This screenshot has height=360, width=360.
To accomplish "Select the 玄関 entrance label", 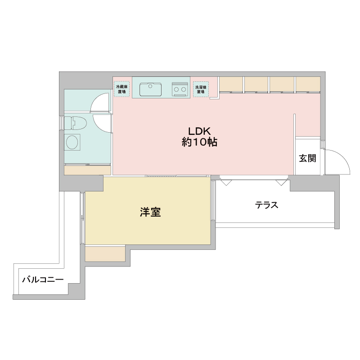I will pos(308,158).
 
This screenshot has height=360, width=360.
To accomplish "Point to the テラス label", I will pos(266,205).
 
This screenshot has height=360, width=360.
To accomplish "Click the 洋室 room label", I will pos(150,212).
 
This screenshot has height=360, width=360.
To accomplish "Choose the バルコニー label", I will pos(42,280).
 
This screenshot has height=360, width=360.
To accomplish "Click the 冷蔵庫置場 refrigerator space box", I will pos(121,89).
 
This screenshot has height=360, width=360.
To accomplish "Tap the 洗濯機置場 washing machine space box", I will pos(200,89).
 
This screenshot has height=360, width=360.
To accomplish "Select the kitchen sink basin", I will pos(150,89).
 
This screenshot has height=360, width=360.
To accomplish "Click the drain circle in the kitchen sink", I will pos(150,86).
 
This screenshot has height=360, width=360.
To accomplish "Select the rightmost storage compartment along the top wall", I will pos(308,84).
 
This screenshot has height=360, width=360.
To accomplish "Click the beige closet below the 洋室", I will pos(105,254).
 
